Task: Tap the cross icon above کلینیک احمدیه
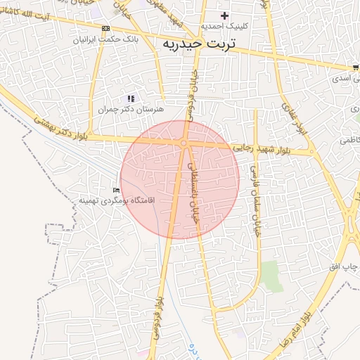click(224, 15)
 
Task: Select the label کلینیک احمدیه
click(224, 26)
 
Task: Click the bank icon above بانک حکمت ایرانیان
click(105, 28)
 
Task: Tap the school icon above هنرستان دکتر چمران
click(130, 98)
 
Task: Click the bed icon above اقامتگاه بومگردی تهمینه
click(117, 191)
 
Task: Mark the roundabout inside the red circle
click(184, 143)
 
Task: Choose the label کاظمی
click(349, 141)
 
